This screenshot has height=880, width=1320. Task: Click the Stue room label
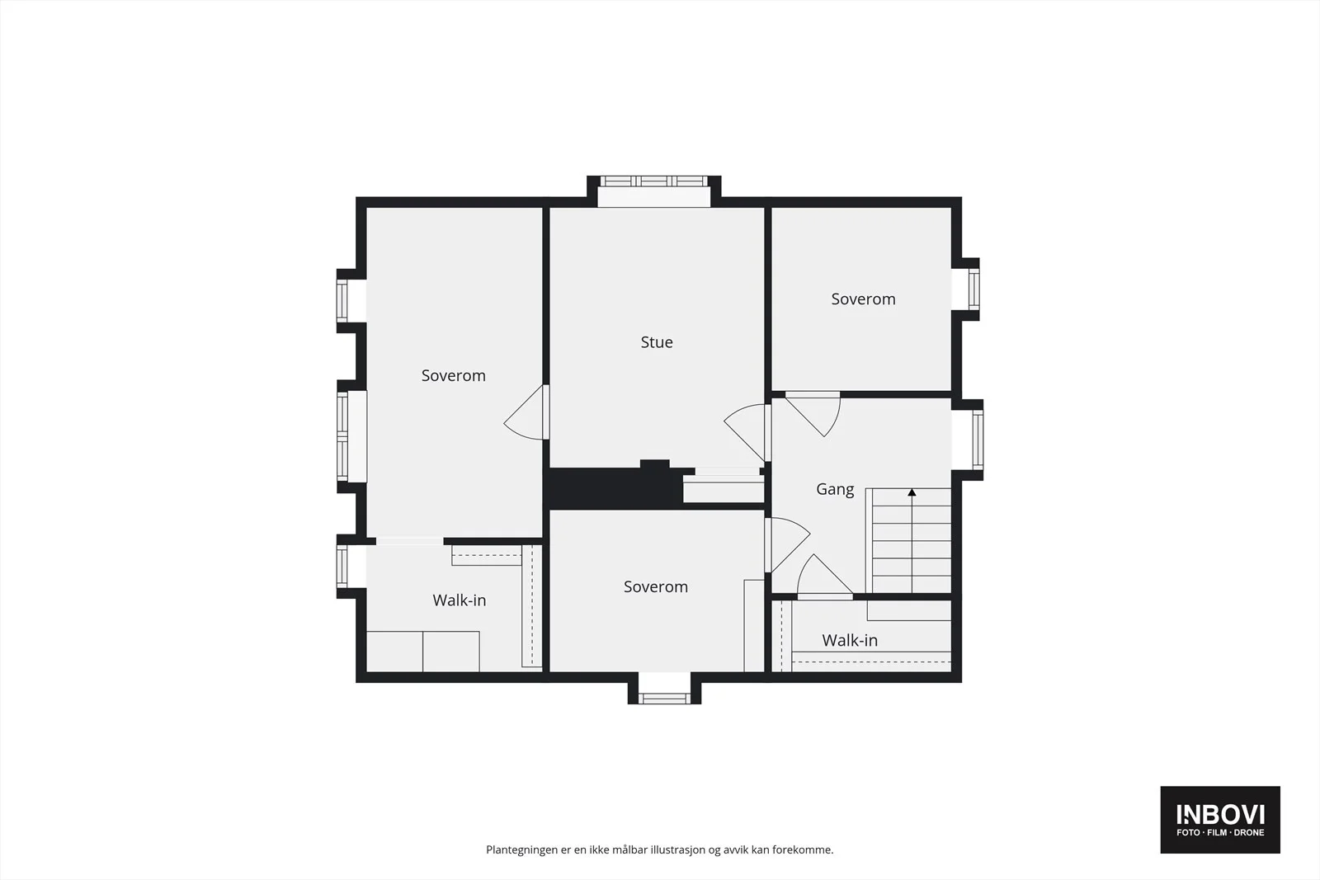657,342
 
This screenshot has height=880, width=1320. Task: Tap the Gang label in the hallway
835,489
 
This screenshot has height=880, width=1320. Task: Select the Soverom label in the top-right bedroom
863,299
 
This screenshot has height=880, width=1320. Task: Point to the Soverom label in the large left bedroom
453,376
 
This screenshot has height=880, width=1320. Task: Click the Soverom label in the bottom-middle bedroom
656,586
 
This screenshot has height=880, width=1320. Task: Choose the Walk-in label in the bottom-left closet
459,600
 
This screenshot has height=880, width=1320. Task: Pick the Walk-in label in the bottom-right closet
850,640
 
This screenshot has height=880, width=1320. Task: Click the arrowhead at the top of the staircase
912,492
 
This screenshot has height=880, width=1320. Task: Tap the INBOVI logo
1220,819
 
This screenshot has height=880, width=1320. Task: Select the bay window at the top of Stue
654,181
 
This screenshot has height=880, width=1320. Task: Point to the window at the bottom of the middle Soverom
664,699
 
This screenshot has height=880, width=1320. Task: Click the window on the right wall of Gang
977,440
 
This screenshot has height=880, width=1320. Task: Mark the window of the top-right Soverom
973,289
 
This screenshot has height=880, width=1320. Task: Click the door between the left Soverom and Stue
525,412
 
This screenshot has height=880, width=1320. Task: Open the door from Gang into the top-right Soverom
813,413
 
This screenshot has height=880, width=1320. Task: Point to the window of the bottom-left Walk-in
342,566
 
